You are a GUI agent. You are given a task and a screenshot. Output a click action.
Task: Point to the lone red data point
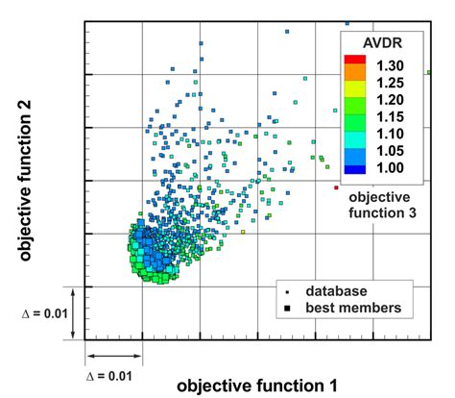pos(336,187)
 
